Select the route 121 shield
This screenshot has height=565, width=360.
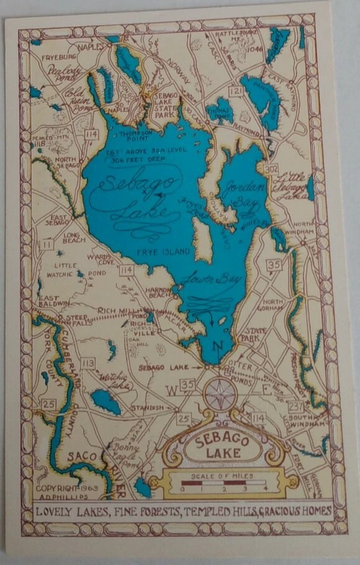234,92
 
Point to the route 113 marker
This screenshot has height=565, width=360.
88,363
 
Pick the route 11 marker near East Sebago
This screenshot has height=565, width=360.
46,245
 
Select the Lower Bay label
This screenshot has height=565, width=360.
207,279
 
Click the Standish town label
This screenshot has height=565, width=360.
148,407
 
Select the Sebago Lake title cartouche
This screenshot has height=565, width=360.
222,446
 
